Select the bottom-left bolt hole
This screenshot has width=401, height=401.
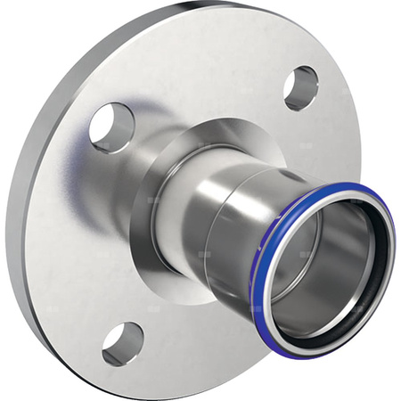coord(123,342)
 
